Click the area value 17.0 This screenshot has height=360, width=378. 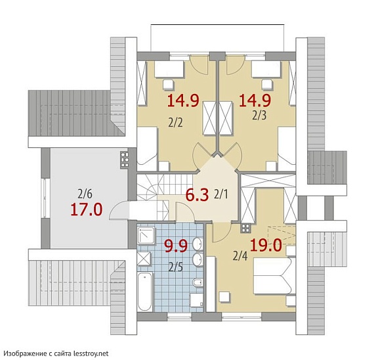(87, 209)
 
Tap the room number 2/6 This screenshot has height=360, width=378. (85, 194)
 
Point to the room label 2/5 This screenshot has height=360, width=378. (175, 267)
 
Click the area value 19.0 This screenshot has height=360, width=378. (266, 245)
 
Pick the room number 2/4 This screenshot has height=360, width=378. (240, 256)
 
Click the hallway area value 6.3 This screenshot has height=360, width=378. (197, 195)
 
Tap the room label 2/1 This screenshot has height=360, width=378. (220, 194)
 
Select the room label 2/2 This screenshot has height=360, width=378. (175, 123)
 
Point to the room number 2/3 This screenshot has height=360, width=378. (259, 116)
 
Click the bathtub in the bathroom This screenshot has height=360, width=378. (145, 292)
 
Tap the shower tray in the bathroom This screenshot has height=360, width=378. (146, 235)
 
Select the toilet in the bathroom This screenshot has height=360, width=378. (198, 282)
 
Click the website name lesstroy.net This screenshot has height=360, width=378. (91, 353)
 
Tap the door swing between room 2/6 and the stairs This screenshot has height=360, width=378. (119, 211)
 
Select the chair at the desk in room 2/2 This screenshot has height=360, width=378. (168, 85)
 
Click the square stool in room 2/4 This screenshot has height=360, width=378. (224, 297)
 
